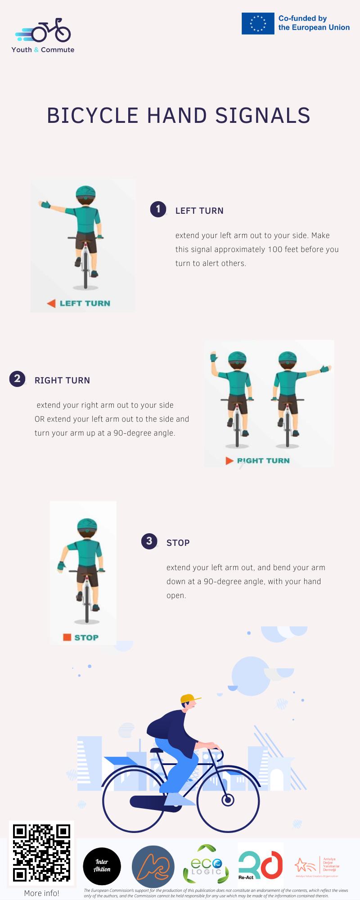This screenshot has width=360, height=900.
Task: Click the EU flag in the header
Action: pyautogui.click(x=258, y=23)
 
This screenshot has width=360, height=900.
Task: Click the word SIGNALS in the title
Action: pyautogui.click(x=263, y=116)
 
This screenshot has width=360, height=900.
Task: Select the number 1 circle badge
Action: pyautogui.click(x=158, y=209)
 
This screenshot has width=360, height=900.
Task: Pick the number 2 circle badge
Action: pyautogui.click(x=17, y=378)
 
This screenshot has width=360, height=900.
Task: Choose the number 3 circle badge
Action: pyautogui.click(x=149, y=541)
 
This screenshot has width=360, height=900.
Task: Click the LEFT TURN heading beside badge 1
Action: pyautogui.click(x=199, y=211)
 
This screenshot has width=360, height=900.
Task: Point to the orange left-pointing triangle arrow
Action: pyautogui.click(x=51, y=303)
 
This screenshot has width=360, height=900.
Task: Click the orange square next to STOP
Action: pyautogui.click(x=67, y=637)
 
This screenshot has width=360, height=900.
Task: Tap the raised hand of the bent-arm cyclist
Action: pyautogui.click(x=213, y=358)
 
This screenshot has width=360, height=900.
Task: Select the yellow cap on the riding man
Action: pyautogui.click(x=189, y=698)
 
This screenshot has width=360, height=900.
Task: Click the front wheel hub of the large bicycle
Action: pyautogui.click(x=228, y=800)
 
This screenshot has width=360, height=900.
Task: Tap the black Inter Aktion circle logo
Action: pyautogui.click(x=102, y=866)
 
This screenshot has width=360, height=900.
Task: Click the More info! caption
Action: pyautogui.click(x=42, y=893)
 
